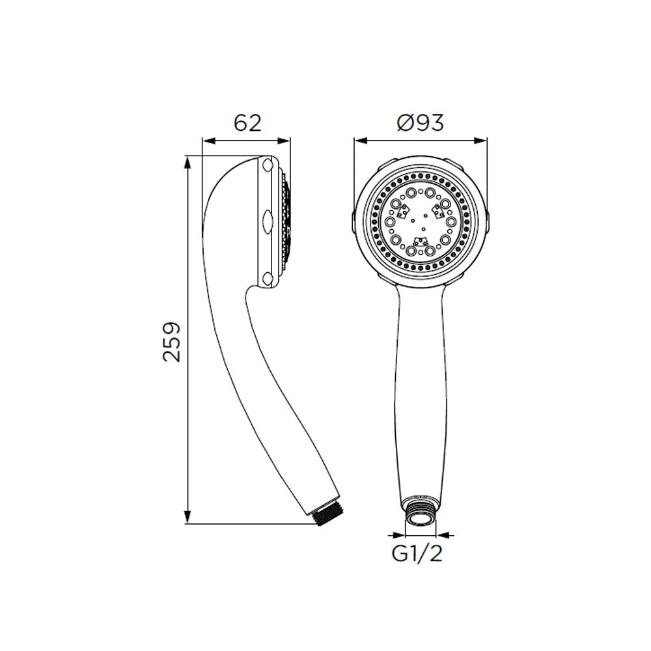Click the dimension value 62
coord(247,122)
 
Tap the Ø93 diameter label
coord(420,122)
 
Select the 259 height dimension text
coord(172,342)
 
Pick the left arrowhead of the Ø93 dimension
coord(360,141)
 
